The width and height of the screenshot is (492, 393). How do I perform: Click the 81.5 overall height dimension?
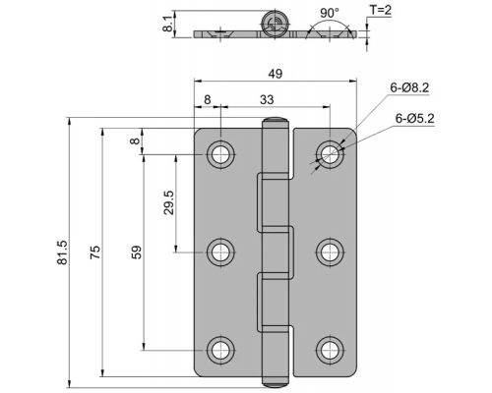pos(62,253)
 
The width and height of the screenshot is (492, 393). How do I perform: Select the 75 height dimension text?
pos(95,253)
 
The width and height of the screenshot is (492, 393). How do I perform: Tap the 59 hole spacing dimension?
pos(137,253)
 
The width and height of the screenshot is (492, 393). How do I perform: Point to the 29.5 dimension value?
pos(169,203)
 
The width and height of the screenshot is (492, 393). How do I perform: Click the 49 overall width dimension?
pos(276,74)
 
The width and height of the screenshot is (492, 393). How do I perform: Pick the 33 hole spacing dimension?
pos(267,99)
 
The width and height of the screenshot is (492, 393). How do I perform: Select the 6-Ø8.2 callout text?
pos(409,87)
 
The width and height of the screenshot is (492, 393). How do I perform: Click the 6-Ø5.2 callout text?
pos(414,118)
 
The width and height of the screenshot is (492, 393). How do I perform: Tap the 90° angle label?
pos(330,13)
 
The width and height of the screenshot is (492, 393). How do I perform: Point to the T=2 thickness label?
pos(381,10)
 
